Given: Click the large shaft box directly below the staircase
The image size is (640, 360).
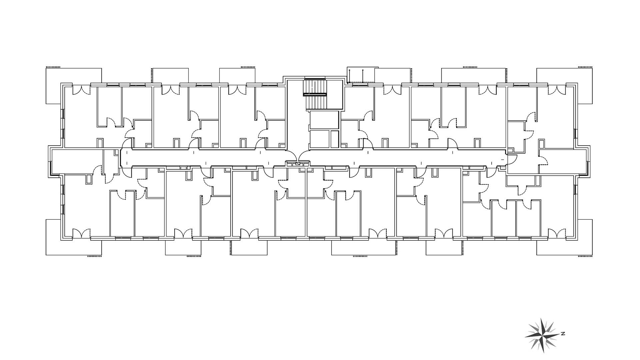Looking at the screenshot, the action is click(324, 119).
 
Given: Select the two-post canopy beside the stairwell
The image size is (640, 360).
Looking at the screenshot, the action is click(361, 75).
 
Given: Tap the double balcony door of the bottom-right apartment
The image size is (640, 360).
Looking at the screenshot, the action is click(557, 233).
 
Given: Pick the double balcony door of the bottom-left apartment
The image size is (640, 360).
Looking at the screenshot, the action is click(82, 233).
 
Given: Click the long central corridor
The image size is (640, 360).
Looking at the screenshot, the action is click(313, 157).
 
